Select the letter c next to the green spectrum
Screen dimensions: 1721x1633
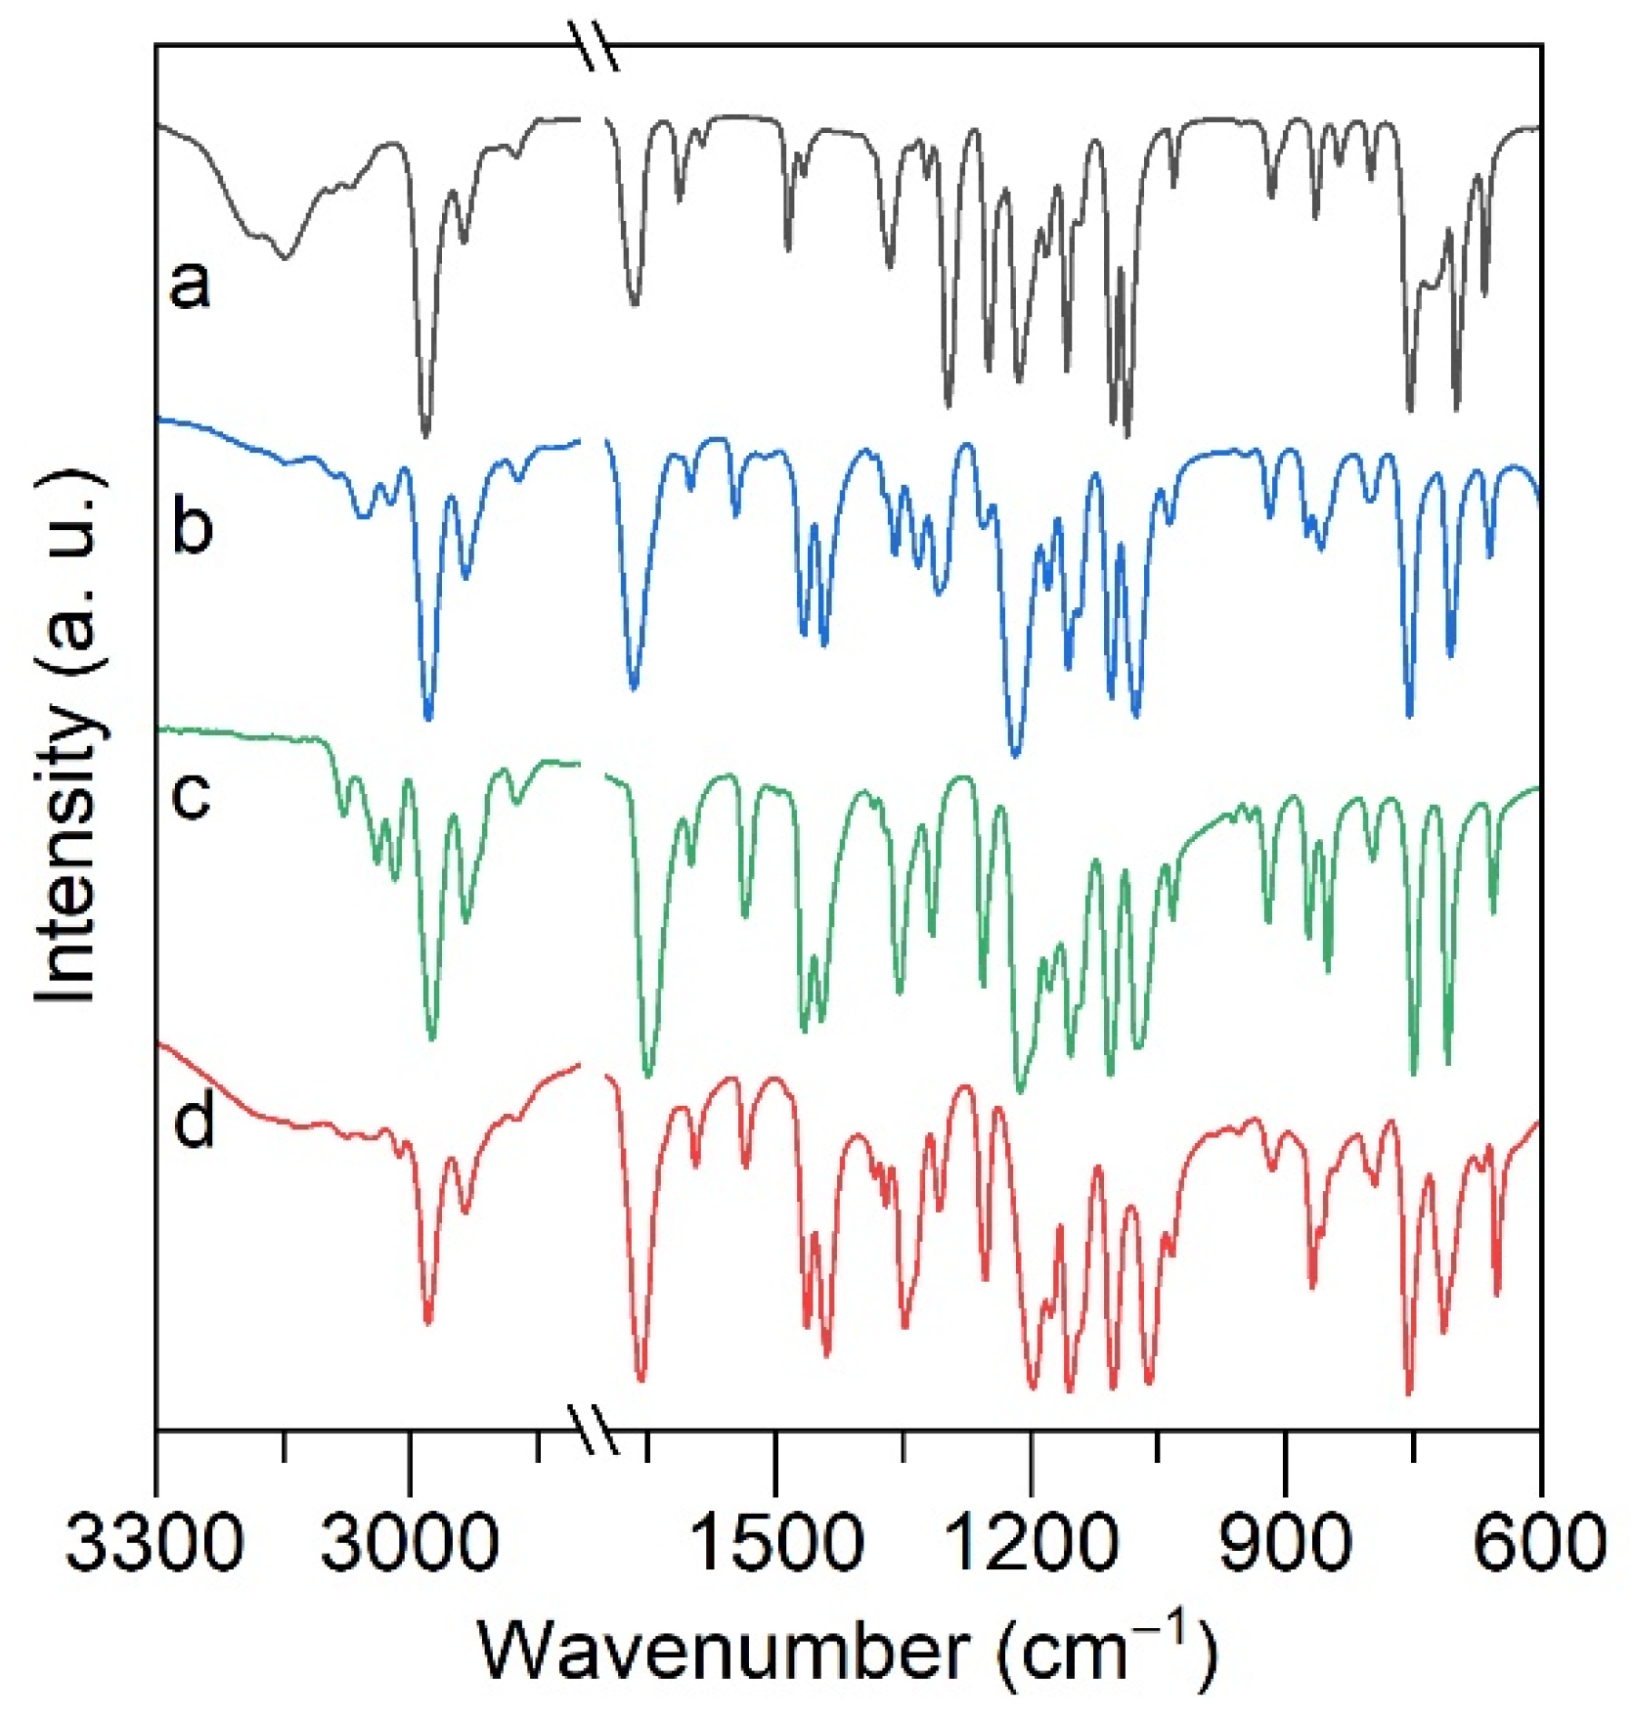tap(191, 794)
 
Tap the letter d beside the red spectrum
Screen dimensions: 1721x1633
tap(194, 1121)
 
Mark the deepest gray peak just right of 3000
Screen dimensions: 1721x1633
tap(424, 432)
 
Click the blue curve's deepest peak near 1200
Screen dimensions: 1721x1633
tap(1015, 754)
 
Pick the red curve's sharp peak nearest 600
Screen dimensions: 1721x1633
tap(1497, 1294)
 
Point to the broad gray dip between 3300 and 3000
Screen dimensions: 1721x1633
tap(284, 256)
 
